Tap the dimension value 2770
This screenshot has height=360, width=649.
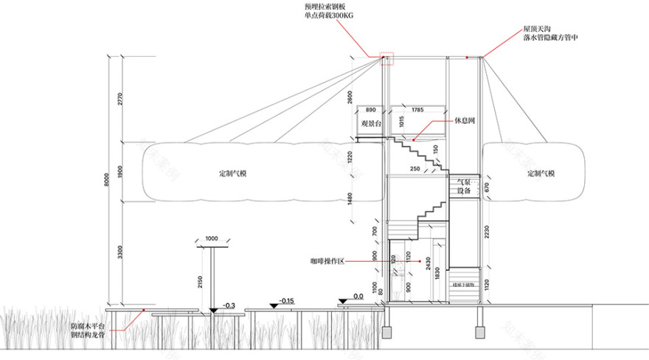tap(120, 97)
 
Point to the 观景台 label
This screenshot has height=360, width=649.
tap(369, 125)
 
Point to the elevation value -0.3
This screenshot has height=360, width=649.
tap(229, 305)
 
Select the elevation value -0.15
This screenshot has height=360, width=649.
tap(287, 301)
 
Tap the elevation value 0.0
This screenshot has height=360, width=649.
tap(359, 297)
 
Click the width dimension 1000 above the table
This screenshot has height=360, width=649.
tap(212, 239)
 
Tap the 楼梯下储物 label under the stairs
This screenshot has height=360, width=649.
tap(462, 283)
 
